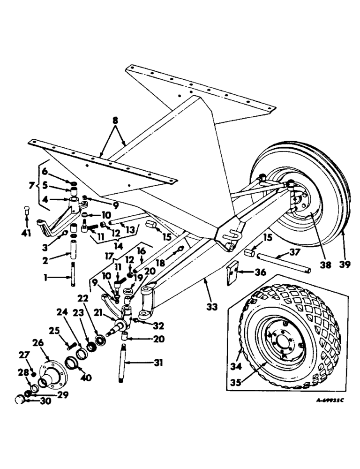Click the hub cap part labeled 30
pyautogui.click(x=20, y=400)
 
